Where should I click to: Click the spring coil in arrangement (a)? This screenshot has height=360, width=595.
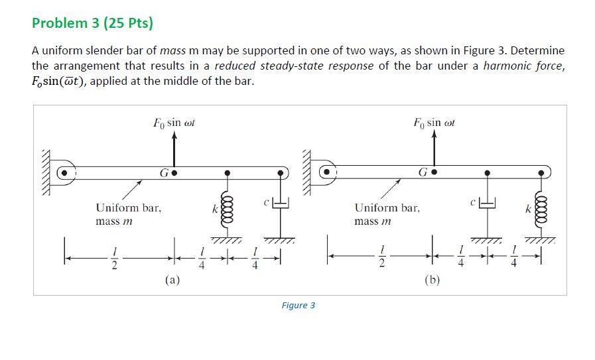(x=228, y=211)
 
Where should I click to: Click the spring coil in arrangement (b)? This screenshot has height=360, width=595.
(x=541, y=211)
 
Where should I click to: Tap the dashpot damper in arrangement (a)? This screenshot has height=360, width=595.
(x=281, y=204)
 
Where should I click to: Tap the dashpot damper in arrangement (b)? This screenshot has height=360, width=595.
(x=488, y=204)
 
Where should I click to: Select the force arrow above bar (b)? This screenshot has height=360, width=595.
(x=434, y=149)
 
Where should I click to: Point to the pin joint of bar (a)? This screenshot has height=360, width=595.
(x=64, y=173)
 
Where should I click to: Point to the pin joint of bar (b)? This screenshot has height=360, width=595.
(x=326, y=172)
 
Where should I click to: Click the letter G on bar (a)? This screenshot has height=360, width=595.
(x=164, y=173)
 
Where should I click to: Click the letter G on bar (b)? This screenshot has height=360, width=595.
(x=423, y=172)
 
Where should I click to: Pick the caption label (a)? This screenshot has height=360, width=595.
(x=172, y=280)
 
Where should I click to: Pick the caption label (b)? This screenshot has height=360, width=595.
(x=432, y=280)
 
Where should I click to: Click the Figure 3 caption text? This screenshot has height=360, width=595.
(x=298, y=306)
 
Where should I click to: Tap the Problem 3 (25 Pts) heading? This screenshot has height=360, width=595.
(x=93, y=23)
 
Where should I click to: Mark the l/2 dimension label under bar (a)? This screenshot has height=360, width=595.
(x=114, y=259)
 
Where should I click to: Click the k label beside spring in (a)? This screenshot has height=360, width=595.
(x=215, y=209)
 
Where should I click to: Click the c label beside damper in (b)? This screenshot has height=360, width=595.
(x=473, y=203)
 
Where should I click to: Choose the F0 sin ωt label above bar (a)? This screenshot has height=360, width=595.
(x=174, y=123)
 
